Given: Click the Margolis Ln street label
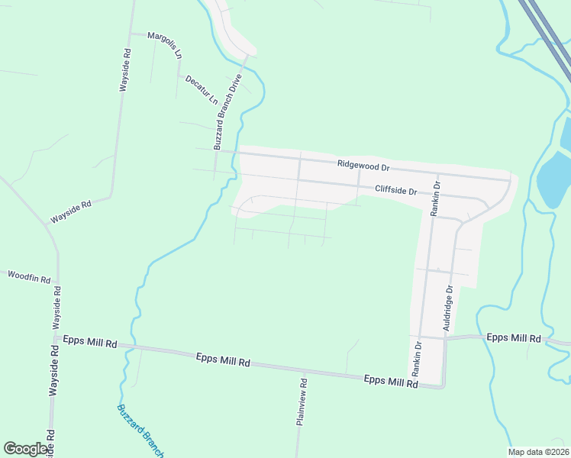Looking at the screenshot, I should (x=166, y=45).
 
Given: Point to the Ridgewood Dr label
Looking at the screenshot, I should (x=363, y=165).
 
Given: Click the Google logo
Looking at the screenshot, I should (x=26, y=449).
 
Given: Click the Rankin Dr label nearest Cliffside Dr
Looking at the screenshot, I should (x=435, y=199).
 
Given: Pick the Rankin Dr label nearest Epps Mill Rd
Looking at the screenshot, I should (x=418, y=359).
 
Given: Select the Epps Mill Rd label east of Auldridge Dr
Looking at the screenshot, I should (x=514, y=337).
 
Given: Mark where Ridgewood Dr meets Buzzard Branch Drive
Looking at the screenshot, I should (x=217, y=150).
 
